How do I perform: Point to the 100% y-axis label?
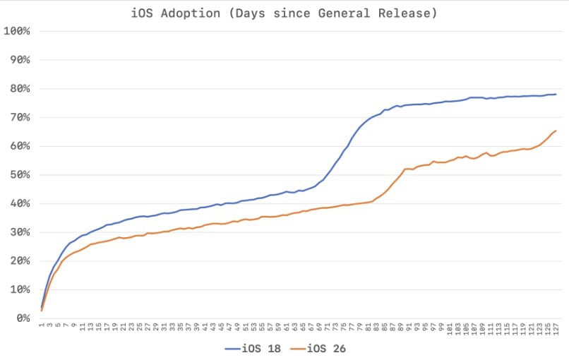click(16, 31)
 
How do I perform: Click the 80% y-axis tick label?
click(18, 88)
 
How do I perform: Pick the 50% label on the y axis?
click(18, 174)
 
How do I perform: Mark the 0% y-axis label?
click(21, 318)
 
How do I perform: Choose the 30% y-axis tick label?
click(18, 232)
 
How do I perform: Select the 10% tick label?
click(18, 289)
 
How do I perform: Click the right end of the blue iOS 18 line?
click(556, 95)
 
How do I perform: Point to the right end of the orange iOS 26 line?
click(556, 131)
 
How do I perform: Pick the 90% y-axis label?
click(18, 59)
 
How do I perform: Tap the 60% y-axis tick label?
click(18, 146)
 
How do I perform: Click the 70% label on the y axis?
click(18, 117)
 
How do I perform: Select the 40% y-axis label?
click(18, 203)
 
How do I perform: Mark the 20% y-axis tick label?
click(18, 261)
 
